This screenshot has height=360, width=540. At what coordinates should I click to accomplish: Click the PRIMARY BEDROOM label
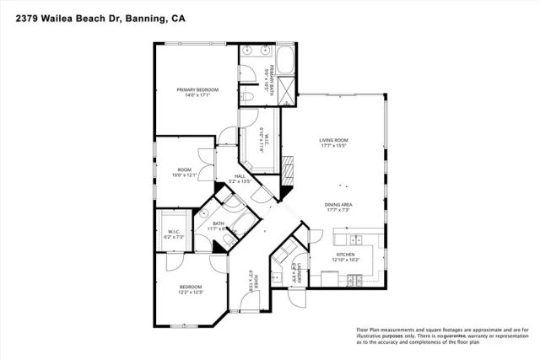(197, 89)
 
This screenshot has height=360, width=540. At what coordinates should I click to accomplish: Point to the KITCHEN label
(345, 254)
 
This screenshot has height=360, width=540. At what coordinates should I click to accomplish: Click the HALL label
(240, 175)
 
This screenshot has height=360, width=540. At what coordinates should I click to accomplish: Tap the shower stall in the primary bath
(288, 87)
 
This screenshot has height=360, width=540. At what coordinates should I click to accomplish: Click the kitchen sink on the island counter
(353, 235)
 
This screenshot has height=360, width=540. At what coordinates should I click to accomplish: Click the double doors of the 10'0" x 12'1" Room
(202, 157)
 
